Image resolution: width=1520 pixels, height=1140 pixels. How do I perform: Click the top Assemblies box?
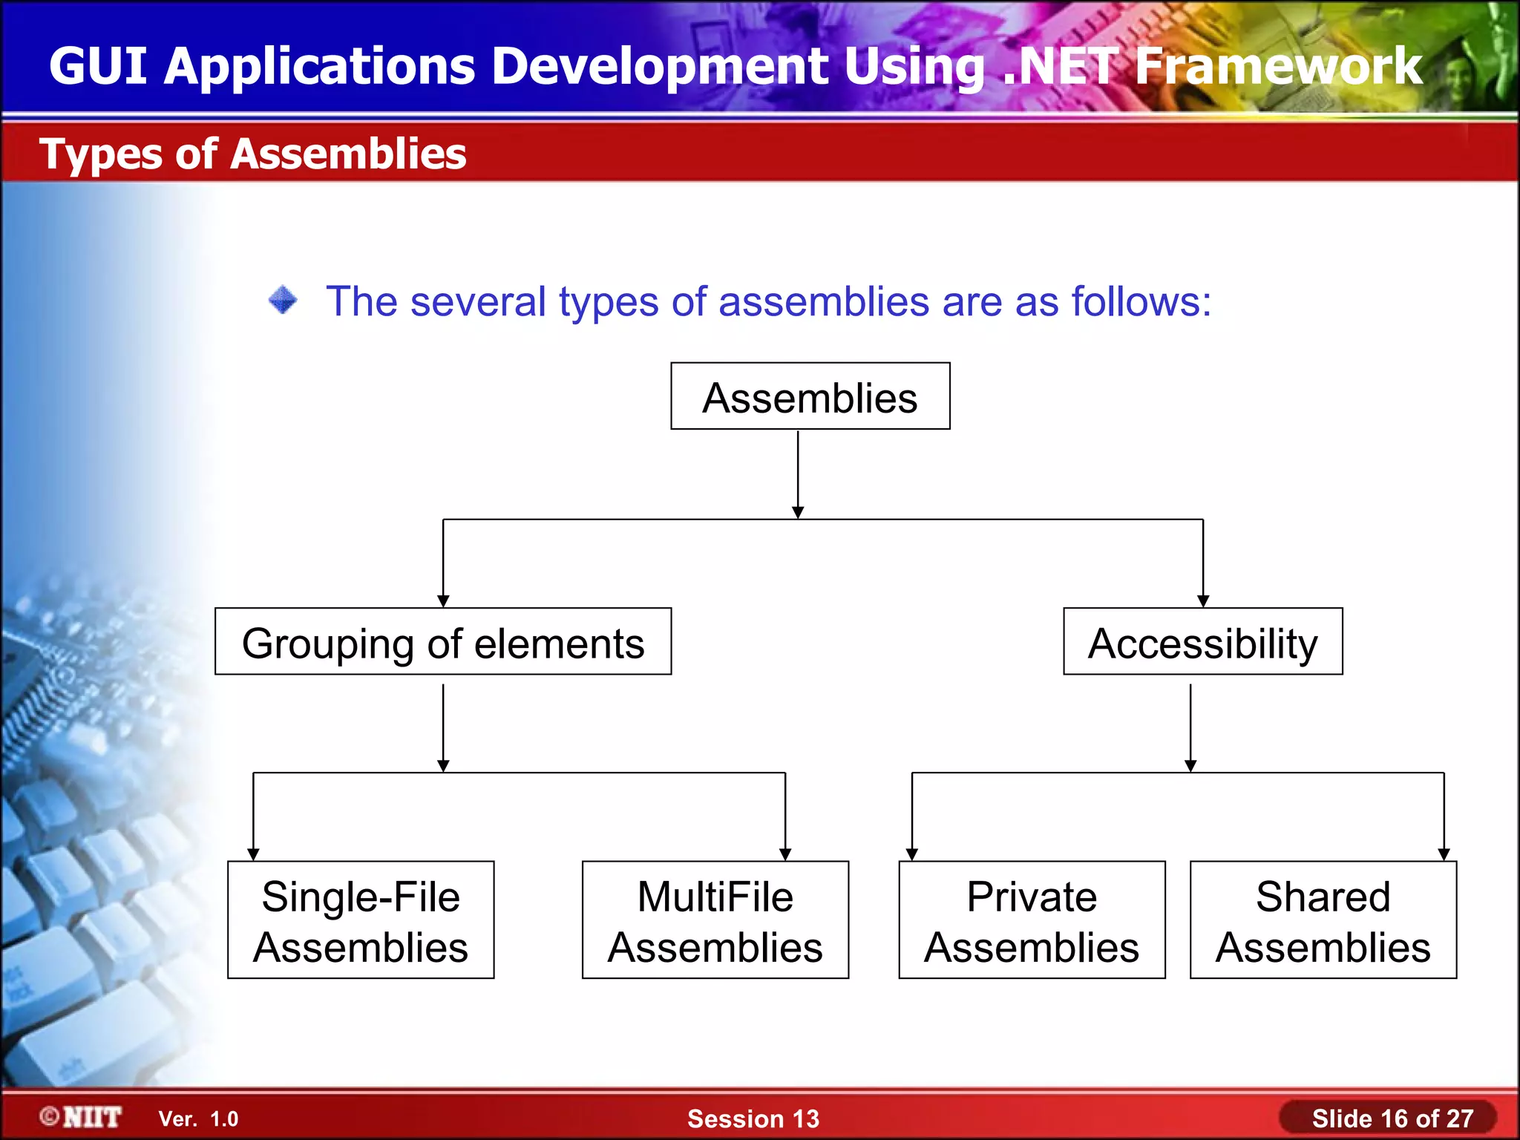pyautogui.click(x=810, y=396)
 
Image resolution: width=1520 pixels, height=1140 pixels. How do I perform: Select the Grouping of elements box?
pyautogui.click(x=443, y=642)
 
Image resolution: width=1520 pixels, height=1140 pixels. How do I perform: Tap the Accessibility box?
pyautogui.click(x=1202, y=642)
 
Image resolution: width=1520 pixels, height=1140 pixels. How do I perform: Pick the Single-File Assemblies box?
pyautogui.click(x=361, y=920)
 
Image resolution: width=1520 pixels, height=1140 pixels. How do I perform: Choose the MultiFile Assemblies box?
pyautogui.click(x=715, y=920)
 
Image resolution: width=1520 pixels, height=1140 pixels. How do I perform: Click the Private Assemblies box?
pyautogui.click(x=1032, y=920)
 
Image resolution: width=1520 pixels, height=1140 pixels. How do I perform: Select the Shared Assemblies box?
pyautogui.click(x=1323, y=920)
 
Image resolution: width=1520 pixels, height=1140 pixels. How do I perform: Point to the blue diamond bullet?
pyautogui.click(x=283, y=301)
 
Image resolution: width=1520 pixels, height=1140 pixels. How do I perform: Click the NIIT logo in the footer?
pyautogui.click(x=82, y=1117)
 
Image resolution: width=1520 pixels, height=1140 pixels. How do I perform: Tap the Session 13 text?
pyautogui.click(x=753, y=1118)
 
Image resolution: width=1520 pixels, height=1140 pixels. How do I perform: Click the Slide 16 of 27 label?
pyautogui.click(x=1392, y=1118)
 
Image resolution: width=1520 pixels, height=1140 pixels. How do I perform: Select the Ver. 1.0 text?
pyautogui.click(x=199, y=1119)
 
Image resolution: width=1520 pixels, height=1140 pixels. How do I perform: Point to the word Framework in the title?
pyautogui.click(x=1278, y=67)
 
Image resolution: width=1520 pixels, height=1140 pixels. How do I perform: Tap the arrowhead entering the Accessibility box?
pyautogui.click(x=1203, y=601)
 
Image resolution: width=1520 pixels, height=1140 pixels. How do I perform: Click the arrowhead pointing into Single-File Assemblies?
pyautogui.click(x=253, y=854)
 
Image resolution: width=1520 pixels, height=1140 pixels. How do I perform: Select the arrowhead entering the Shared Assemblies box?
pyautogui.click(x=1444, y=854)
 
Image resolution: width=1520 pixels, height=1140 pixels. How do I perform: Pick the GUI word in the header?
pyautogui.click(x=97, y=67)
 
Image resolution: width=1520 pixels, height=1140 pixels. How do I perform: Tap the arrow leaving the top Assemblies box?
pyautogui.click(x=798, y=475)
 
